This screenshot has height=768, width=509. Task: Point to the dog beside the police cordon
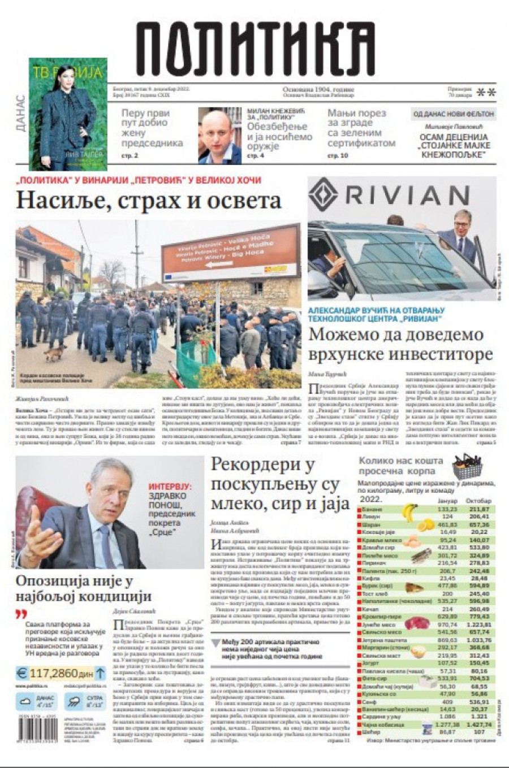tap(55, 354)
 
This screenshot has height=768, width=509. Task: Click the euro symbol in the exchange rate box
tap(23, 673)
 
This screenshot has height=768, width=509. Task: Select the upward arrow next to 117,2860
tap(100, 673)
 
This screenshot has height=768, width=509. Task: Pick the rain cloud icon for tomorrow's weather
tap(74, 702)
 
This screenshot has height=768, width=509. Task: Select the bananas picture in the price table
tap(409, 512)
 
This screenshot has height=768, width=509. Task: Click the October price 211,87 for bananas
tap(478, 509)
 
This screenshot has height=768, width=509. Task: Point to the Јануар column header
tap(447, 501)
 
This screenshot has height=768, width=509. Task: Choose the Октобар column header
tap(478, 501)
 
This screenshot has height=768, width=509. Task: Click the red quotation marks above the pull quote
tap(21, 614)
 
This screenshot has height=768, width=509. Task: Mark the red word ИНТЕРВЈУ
tap(170, 486)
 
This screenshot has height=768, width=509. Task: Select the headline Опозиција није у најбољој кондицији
tap(84, 588)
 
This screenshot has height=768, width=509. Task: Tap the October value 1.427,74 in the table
tap(478, 724)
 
